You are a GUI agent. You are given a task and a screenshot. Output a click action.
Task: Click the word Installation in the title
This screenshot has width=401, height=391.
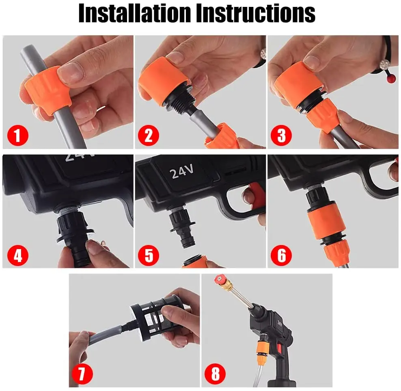click(x=135, y=13)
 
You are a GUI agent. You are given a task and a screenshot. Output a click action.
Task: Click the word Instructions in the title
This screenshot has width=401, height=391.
click(x=256, y=13)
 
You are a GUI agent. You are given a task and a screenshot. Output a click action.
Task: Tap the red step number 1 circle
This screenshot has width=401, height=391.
click(x=17, y=135)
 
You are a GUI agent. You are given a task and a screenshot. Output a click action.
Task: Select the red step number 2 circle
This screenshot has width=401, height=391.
click(x=148, y=135)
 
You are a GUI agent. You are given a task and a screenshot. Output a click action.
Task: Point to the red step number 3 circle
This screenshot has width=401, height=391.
click(x=281, y=135)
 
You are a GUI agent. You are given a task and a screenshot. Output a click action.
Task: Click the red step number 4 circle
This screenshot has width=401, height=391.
click(x=17, y=255)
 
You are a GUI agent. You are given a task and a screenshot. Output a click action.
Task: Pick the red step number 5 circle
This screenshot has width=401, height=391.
click(x=148, y=255)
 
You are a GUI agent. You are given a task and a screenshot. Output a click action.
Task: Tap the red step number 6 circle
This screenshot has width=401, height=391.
click(x=281, y=255)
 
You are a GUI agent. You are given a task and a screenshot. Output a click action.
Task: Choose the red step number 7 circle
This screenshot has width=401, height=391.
click(x=82, y=374)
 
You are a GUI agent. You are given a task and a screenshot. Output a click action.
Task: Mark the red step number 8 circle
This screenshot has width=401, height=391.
click(x=215, y=374)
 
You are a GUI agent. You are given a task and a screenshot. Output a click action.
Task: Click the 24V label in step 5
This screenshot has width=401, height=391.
click(x=182, y=171)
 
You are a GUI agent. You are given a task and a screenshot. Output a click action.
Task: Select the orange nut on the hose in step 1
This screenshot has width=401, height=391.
click(x=47, y=89)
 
